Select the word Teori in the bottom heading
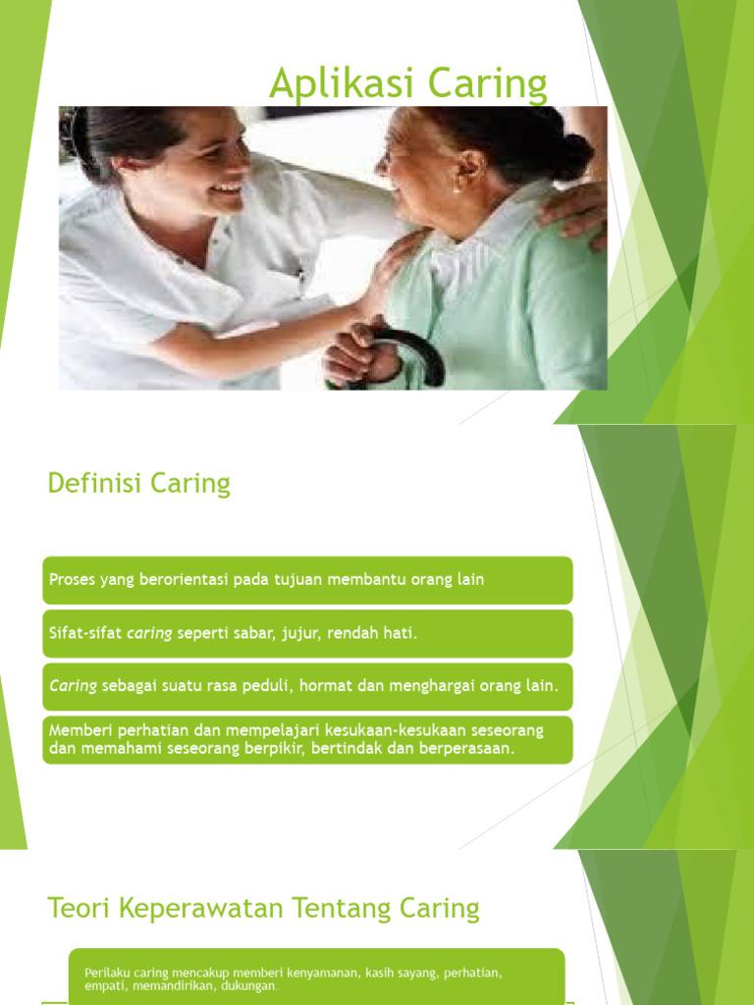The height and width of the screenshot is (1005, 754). pyautogui.click(x=80, y=909)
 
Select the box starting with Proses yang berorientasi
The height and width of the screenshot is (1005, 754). pyautogui.click(x=306, y=580)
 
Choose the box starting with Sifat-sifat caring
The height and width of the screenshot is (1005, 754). pyautogui.click(x=306, y=634)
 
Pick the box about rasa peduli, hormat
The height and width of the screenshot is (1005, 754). pyautogui.click(x=306, y=687)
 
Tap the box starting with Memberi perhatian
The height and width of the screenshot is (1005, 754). pyautogui.click(x=306, y=740)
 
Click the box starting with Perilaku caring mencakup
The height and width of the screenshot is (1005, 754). pyautogui.click(x=316, y=978)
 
